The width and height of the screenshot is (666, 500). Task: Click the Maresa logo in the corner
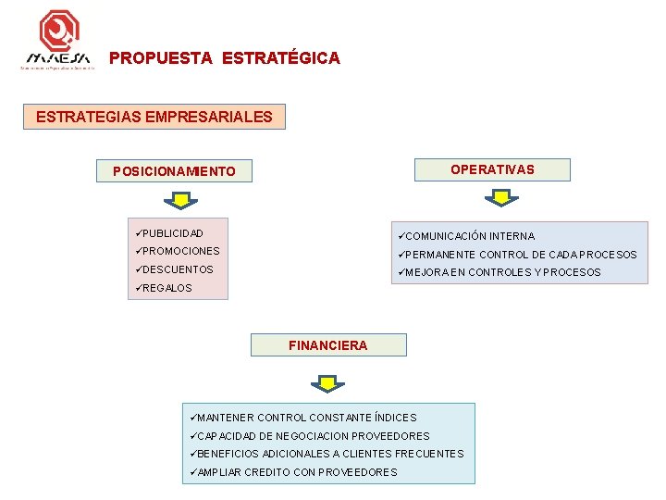pos(58,41)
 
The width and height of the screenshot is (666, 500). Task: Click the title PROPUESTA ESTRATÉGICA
pos(225,58)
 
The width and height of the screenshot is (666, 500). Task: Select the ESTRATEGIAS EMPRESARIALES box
pos(154,117)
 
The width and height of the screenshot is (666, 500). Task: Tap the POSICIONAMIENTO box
pos(174,171)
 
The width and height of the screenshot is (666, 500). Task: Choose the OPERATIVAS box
pos(492,169)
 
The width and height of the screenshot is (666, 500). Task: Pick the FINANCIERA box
pos(327,345)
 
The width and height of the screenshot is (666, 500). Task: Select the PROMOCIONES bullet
pos(181,251)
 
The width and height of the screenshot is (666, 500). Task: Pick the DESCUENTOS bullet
pos(178,269)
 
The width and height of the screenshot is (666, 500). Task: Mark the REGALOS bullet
pos(167,288)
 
